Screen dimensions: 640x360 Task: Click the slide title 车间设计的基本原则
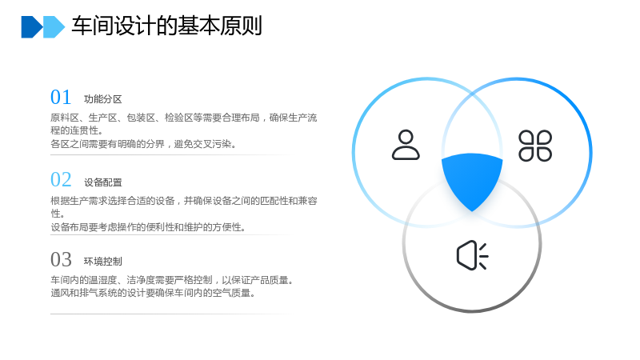click(166, 26)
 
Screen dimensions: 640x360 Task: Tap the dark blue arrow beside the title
click(31, 27)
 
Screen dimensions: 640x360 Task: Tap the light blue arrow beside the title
click(54, 27)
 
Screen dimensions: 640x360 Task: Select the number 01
click(61, 97)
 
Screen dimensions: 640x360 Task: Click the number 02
click(61, 179)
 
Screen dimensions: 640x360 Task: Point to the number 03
click(61, 259)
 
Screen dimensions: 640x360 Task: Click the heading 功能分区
click(103, 99)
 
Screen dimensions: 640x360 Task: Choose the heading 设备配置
click(103, 182)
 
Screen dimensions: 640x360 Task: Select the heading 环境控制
click(103, 262)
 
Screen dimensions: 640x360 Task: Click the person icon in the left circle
click(406, 145)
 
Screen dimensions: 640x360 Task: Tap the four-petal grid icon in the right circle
click(535, 146)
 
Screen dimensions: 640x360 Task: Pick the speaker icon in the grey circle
click(472, 255)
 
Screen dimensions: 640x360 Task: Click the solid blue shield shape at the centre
click(472, 179)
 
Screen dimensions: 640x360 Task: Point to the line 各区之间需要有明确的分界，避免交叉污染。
click(143, 144)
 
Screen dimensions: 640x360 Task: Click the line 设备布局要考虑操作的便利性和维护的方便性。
click(148, 227)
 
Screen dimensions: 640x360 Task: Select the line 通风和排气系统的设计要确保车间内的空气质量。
click(153, 293)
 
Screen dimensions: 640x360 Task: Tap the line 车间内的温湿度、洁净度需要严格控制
click(131, 280)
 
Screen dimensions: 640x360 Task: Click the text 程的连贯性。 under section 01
click(77, 130)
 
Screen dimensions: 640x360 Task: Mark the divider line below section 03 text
click(171, 314)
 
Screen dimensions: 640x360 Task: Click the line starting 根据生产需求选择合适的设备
click(184, 201)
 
